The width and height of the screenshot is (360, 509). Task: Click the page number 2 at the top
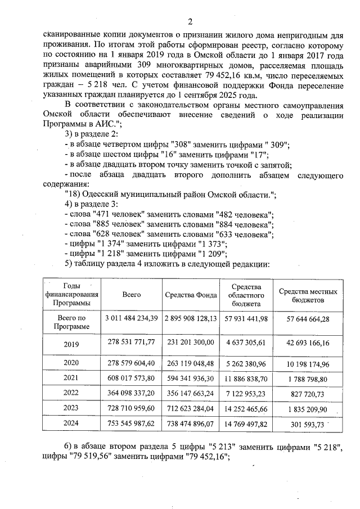[190, 22]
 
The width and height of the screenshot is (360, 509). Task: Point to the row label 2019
[71, 343]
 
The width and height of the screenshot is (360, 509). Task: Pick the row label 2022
[71, 393]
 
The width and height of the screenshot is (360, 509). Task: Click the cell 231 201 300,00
[191, 341]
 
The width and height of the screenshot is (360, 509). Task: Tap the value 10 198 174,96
[308, 363]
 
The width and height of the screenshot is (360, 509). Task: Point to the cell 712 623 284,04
[191, 409]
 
